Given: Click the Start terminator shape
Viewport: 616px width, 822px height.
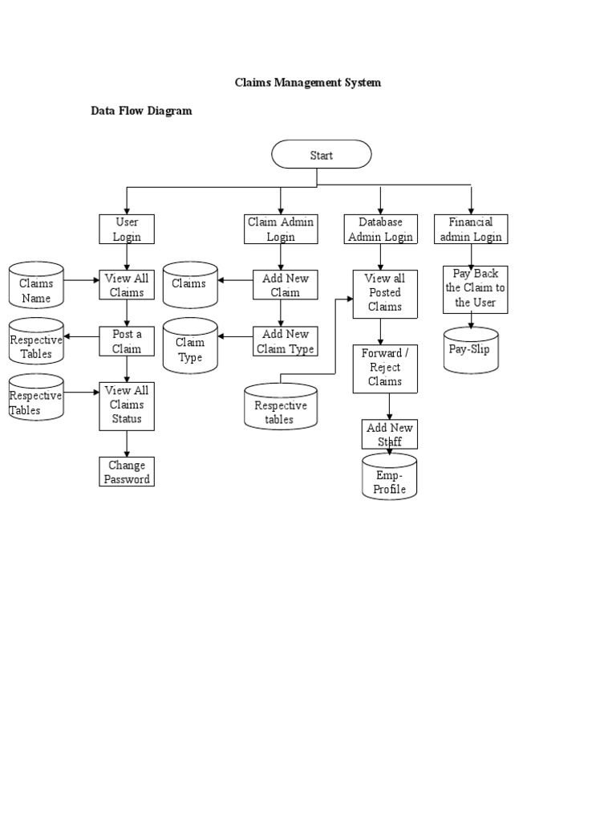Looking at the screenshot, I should click(321, 154).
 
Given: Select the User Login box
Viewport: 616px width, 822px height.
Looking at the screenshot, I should click(126, 229).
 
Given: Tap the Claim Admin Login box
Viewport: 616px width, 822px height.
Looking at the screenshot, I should click(281, 229).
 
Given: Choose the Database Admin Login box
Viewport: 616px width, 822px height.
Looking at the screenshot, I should click(380, 229).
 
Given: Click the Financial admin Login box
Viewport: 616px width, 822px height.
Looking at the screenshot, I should click(471, 229).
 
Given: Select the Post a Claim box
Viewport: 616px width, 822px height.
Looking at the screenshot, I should click(126, 341).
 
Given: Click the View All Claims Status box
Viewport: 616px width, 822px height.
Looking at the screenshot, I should click(126, 405).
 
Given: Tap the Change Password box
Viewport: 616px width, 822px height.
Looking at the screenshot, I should click(126, 472).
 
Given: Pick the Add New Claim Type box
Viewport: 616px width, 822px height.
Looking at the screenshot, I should click(285, 341).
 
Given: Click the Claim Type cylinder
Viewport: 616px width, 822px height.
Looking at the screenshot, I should click(190, 346).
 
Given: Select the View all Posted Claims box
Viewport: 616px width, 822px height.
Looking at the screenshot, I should click(385, 293).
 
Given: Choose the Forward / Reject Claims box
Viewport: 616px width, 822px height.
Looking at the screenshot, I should click(385, 368).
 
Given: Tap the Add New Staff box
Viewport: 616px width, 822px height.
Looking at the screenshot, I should click(389, 434).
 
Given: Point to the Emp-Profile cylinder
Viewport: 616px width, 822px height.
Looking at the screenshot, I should click(390, 477).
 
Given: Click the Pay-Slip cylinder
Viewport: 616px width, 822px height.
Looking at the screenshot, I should click(471, 350).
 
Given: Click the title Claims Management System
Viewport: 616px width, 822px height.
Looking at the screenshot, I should click(307, 83).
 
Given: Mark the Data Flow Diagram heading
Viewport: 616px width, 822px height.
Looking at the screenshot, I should click(141, 111).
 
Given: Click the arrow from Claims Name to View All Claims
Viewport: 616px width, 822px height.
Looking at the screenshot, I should click(81, 281).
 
